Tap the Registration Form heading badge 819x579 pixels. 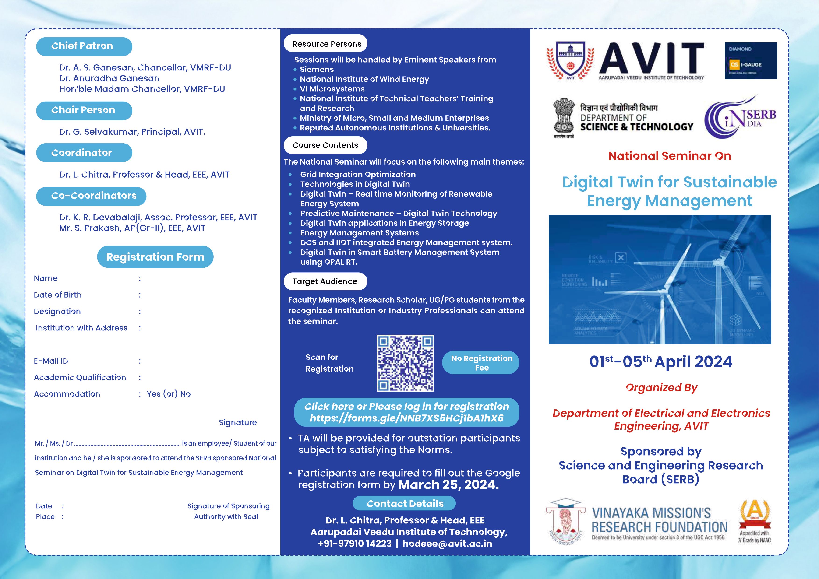click(x=155, y=257)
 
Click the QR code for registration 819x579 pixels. click(x=405, y=363)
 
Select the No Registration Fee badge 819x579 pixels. click(x=481, y=363)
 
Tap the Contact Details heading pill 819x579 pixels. click(x=405, y=503)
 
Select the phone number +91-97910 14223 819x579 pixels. click(x=355, y=544)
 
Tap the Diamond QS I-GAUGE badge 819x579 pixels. click(x=751, y=61)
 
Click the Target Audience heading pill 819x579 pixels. click(x=325, y=281)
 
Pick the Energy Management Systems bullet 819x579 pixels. click(x=359, y=233)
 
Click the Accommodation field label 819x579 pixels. click(x=67, y=394)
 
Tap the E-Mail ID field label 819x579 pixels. click(x=51, y=361)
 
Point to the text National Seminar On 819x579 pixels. click(x=670, y=156)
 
